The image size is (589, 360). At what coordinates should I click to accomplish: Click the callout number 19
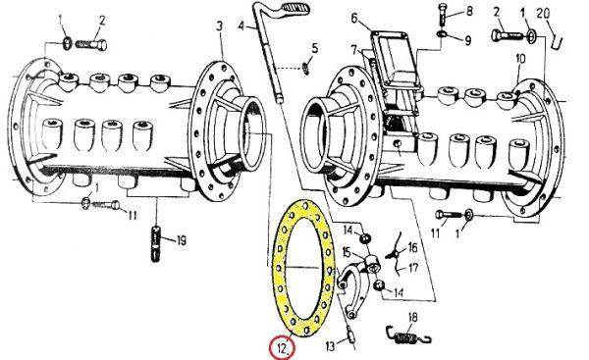click(182, 240)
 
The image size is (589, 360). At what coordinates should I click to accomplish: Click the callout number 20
click(543, 14)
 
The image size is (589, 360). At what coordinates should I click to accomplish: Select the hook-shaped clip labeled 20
click(557, 40)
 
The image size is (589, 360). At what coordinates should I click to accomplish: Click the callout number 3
click(219, 26)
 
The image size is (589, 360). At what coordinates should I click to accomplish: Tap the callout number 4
click(241, 26)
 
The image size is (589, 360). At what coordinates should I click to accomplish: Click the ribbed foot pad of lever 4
click(295, 8)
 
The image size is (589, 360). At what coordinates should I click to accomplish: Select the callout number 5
click(315, 48)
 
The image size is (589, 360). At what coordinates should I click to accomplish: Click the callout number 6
click(354, 18)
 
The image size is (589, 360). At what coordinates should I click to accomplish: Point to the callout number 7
click(353, 50)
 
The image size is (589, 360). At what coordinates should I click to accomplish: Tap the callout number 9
click(467, 40)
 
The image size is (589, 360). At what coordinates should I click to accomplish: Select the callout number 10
click(520, 59)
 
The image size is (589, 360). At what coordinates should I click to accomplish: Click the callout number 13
click(330, 346)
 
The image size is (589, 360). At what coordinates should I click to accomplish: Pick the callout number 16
click(412, 248)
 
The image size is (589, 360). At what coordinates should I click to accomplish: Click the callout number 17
click(413, 269)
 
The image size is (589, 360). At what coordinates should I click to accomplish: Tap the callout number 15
click(346, 252)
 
